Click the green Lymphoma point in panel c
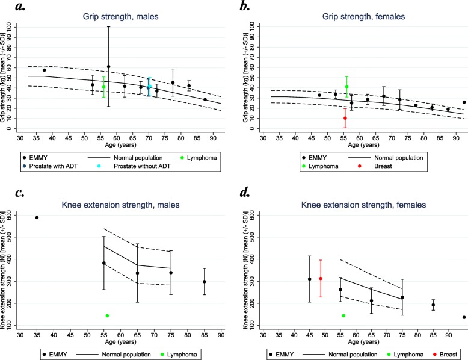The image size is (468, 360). pos(107,315)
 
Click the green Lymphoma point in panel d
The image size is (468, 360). pos(343,315)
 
